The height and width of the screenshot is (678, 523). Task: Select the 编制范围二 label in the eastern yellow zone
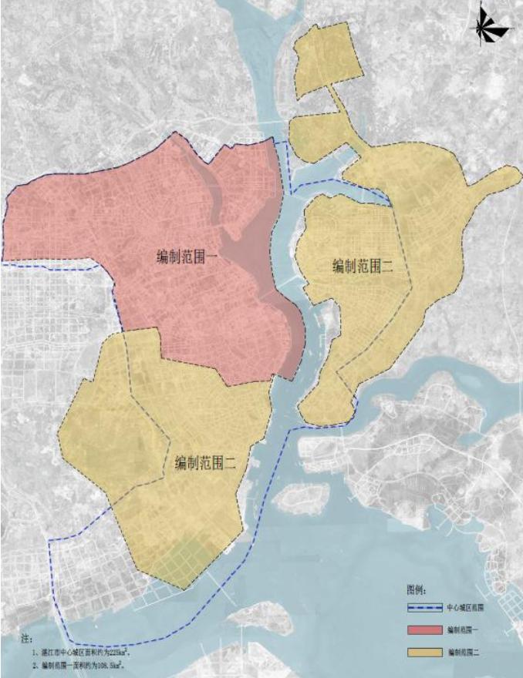[x=363, y=267]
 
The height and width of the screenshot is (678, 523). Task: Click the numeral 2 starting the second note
[x=35, y=664]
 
